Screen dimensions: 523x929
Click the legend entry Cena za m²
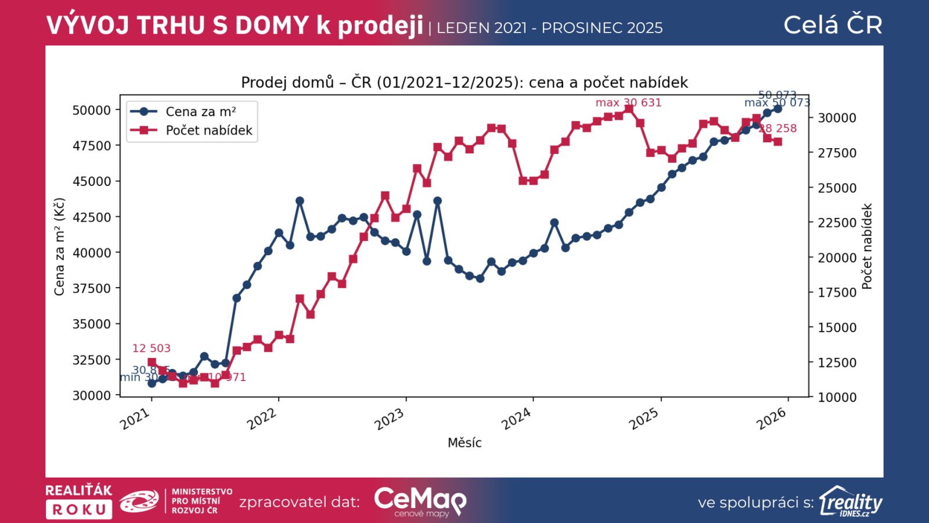[x=200, y=112]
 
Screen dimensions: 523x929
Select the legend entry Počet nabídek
[x=208, y=130]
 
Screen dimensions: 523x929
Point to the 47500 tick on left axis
[x=91, y=146]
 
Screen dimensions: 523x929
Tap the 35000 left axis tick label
[x=91, y=324]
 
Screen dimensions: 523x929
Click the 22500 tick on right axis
[x=837, y=223]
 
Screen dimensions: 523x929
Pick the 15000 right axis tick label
[x=837, y=328]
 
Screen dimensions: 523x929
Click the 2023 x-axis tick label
[x=389, y=419]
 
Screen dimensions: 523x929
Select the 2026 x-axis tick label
[x=771, y=419]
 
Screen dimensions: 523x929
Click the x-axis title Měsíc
[x=464, y=443]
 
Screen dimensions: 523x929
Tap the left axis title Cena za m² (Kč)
[x=59, y=247]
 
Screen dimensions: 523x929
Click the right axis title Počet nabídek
[x=867, y=246]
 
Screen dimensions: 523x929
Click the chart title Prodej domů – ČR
[x=464, y=83]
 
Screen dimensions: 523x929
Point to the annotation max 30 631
[x=628, y=103]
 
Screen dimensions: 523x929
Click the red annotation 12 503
[x=152, y=348]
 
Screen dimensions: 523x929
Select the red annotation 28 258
[x=779, y=128]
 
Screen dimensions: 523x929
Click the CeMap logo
[x=420, y=501]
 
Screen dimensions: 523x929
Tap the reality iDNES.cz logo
[x=851, y=501]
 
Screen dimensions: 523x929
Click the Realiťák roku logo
[x=79, y=501]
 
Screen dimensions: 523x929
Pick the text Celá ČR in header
[x=833, y=25]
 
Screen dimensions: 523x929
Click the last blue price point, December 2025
[x=778, y=109]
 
